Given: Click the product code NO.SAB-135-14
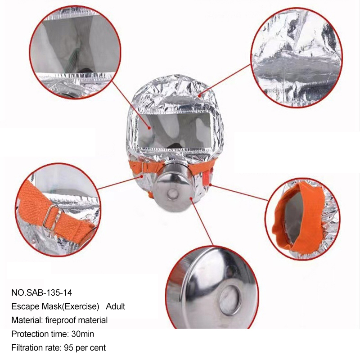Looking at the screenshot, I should (42, 292).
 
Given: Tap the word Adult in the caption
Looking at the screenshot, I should (116, 306).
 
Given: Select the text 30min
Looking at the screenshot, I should (83, 334).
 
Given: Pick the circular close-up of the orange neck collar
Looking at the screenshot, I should (302, 218).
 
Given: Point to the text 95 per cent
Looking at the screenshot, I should (85, 347).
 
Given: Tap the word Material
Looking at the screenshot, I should (25, 320).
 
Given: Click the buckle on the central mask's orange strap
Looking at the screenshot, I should (146, 167).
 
